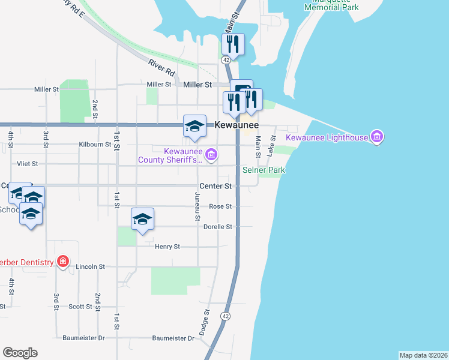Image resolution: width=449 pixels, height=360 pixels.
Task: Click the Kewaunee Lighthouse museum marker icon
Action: pyautogui.click(x=377, y=137)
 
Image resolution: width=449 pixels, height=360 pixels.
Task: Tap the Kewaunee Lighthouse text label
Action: pyautogui.click(x=327, y=138)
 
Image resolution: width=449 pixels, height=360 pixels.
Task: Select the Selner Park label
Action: pyautogui.click(x=264, y=170)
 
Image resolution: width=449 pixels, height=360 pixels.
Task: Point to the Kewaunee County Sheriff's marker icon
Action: pyautogui.click(x=211, y=155)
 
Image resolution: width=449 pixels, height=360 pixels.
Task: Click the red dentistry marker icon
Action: pyautogui.click(x=62, y=262)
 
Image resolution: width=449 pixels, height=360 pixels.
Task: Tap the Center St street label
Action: pyautogui.click(x=216, y=186)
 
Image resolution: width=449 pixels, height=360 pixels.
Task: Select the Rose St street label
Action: pyautogui.click(x=220, y=206)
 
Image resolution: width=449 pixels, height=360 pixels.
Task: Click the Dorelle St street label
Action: pyautogui.click(x=217, y=227)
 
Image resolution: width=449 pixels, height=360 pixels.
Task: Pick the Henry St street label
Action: pyautogui.click(x=167, y=247)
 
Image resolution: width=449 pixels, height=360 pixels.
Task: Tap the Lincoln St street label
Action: pyautogui.click(x=90, y=266)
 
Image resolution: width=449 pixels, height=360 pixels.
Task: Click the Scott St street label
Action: pyautogui.click(x=80, y=307)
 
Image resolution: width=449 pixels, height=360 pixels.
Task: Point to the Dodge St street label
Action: pyautogui.click(x=206, y=321)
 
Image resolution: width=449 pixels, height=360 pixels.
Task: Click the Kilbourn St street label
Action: pyautogui.click(x=95, y=145)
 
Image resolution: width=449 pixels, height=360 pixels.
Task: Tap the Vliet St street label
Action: pyautogui.click(x=27, y=163)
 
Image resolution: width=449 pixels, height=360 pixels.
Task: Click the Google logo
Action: pyautogui.click(x=20, y=353)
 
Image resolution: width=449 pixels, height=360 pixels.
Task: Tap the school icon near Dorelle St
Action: pyautogui.click(x=143, y=220)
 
